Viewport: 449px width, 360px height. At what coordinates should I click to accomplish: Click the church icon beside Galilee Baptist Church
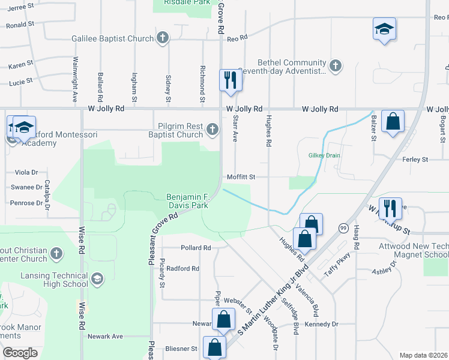162,38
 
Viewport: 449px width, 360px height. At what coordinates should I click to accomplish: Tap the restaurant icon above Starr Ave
230,79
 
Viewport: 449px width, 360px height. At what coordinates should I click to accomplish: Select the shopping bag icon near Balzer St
392,121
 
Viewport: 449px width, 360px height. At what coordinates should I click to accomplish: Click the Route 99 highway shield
343,228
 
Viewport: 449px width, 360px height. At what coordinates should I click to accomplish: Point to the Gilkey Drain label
325,155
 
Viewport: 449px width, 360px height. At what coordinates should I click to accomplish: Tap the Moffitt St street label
241,177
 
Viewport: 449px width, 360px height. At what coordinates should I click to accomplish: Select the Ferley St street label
415,160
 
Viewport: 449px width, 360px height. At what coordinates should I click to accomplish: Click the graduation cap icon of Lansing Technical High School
97,278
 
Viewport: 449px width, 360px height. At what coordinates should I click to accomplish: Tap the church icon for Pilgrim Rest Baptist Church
212,129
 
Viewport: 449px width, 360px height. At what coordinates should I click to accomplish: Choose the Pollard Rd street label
196,247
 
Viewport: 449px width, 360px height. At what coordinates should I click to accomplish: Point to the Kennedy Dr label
322,324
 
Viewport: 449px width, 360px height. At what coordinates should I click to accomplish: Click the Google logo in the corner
20,352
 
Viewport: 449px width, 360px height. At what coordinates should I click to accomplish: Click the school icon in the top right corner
384,29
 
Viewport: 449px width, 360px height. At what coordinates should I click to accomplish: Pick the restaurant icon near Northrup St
390,208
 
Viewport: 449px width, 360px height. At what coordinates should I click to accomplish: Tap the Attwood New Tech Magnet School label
413,251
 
